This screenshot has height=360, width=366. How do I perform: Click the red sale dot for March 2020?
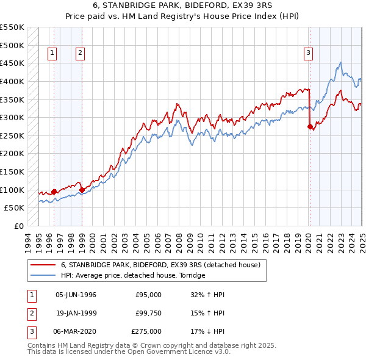pyautogui.click(x=310, y=126)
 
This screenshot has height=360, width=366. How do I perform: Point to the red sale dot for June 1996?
pyautogui.click(x=54, y=192)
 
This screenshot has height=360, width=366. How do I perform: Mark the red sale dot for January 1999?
pyautogui.click(x=82, y=190)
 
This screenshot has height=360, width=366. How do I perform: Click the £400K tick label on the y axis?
pyautogui.click(x=12, y=81)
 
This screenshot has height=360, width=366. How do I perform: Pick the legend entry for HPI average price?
pyautogui.click(x=133, y=275)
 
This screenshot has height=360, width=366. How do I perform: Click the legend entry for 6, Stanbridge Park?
pyautogui.click(x=160, y=265)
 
